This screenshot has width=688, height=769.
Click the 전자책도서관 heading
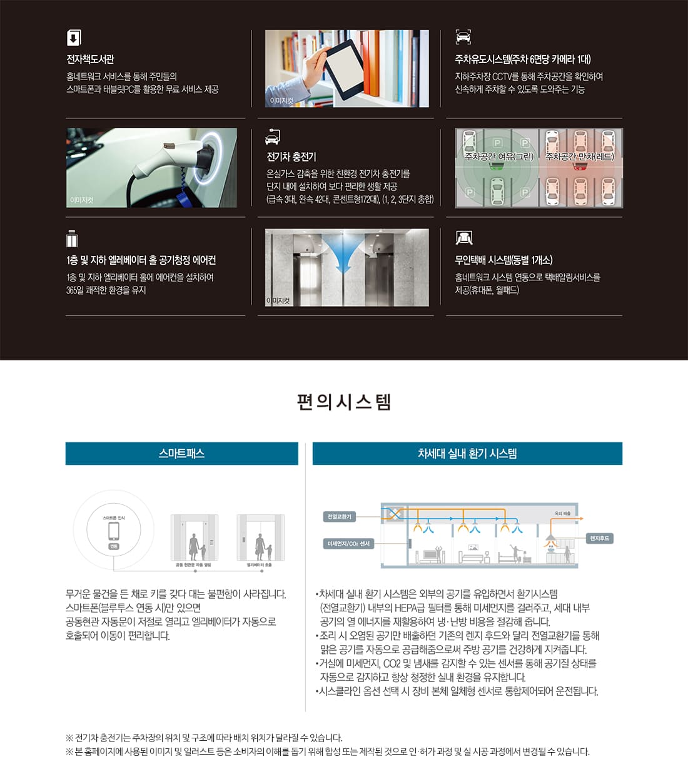pyautogui.click(x=91, y=59)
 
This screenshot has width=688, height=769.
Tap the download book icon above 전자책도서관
pyautogui.click(x=74, y=38)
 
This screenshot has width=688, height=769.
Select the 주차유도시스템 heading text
pyautogui.click(x=522, y=59)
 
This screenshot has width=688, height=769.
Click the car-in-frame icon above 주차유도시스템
pyautogui.click(x=463, y=37)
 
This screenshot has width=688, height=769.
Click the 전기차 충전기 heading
pyautogui.click(x=291, y=156)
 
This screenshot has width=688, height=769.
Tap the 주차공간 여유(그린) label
pyautogui.click(x=498, y=156)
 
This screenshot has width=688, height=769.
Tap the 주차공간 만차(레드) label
pyautogui.click(x=580, y=156)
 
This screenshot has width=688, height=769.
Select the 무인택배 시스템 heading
pyautogui.click(x=503, y=260)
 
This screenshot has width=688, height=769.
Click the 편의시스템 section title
pyautogui.click(x=344, y=402)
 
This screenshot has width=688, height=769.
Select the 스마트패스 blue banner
pyautogui.click(x=181, y=454)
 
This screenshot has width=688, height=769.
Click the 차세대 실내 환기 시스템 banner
pyautogui.click(x=467, y=454)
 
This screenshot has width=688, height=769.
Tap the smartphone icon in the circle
pyautogui.click(x=114, y=531)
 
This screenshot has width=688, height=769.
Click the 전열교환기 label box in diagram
pyautogui.click(x=339, y=517)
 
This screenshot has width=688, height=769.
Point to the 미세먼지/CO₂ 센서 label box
pyautogui.click(x=348, y=544)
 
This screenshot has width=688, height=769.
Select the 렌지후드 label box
pyautogui.click(x=599, y=538)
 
